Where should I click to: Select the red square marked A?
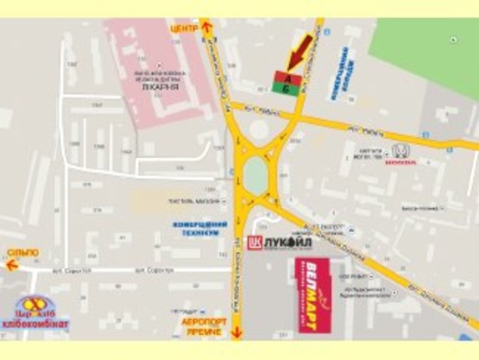[286, 76]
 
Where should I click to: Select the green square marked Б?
[286, 89]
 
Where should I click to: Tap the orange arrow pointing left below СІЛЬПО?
[12, 265]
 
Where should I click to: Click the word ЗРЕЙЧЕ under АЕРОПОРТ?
[205, 332]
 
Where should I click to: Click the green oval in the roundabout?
[255, 174]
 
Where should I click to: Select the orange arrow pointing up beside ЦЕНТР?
[206, 28]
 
